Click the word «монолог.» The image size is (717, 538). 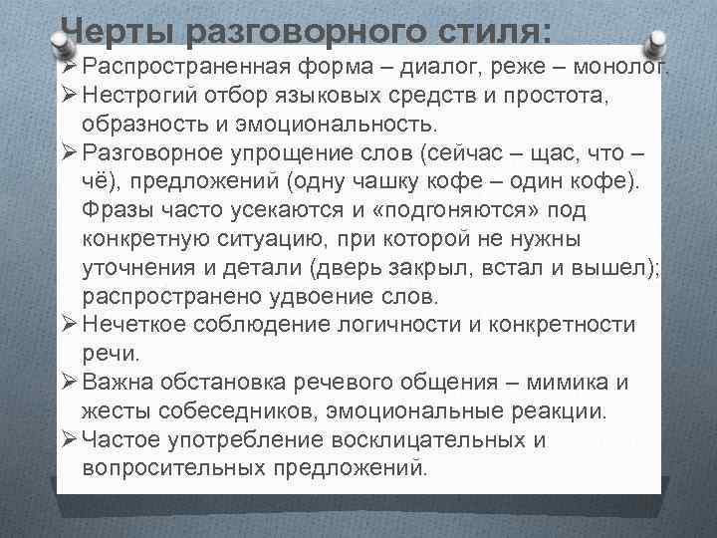pyautogui.click(x=617, y=68)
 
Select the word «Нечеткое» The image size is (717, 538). pyautogui.click(x=130, y=325)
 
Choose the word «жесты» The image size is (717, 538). pyautogui.click(x=116, y=410)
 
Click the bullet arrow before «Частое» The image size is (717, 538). pyautogui.click(x=68, y=439)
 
